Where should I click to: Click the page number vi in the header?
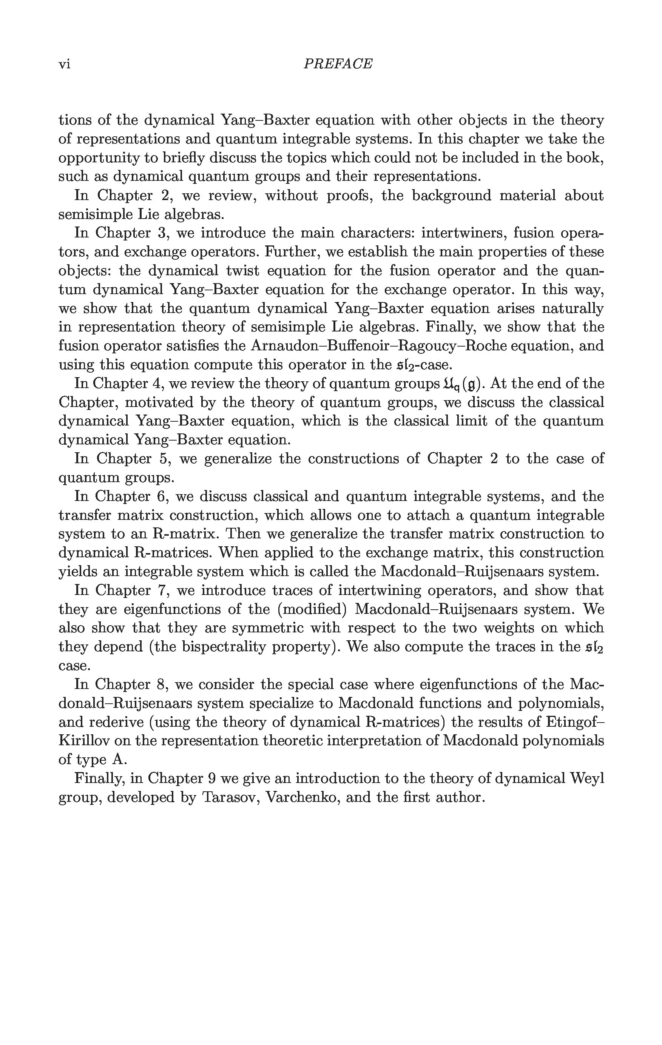pyautogui.click(x=64, y=64)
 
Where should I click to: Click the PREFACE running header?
pyautogui.click(x=338, y=64)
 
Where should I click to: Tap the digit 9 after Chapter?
pyautogui.click(x=212, y=778)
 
